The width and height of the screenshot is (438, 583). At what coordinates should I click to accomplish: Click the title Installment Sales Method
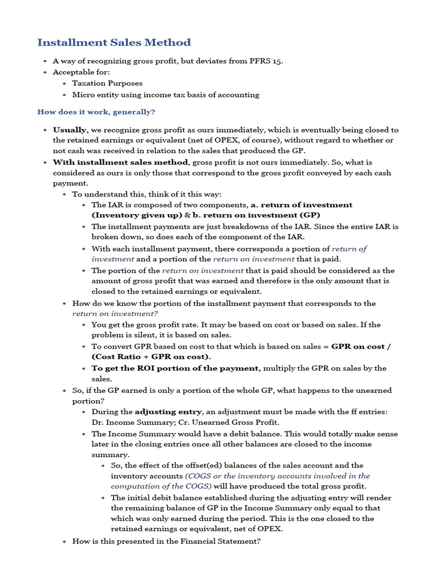click(x=114, y=43)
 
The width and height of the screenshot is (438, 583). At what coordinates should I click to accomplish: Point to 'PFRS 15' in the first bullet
click(x=266, y=61)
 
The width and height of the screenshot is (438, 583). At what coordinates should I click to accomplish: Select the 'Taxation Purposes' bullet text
click(x=107, y=83)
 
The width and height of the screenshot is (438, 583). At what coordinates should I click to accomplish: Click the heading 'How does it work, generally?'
click(x=96, y=112)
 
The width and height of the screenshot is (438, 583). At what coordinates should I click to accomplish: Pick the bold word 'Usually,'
click(x=71, y=130)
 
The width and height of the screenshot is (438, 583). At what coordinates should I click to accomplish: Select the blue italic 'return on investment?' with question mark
click(x=115, y=314)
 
